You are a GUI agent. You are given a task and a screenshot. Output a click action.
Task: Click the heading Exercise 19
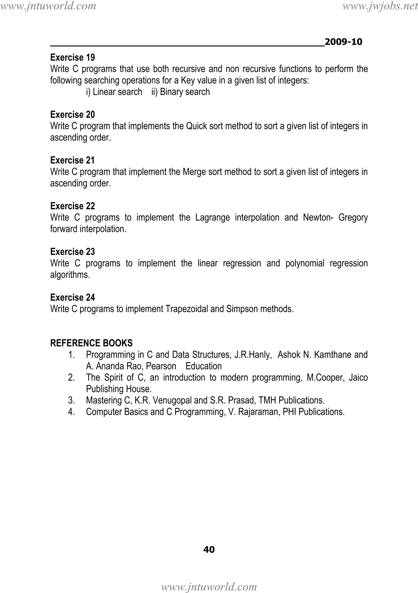click(x=73, y=57)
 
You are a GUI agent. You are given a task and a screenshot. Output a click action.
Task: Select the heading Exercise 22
click(x=73, y=206)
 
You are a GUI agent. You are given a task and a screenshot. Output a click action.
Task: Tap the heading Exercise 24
click(x=73, y=297)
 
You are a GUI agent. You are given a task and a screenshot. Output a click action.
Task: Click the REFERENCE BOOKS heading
click(x=91, y=343)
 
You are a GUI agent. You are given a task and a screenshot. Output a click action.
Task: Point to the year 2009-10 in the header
click(x=343, y=42)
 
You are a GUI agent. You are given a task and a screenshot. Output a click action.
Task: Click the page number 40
click(x=209, y=549)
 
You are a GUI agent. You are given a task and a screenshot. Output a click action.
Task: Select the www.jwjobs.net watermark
click(x=380, y=6)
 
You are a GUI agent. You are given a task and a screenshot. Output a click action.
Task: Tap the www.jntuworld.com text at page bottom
click(x=209, y=587)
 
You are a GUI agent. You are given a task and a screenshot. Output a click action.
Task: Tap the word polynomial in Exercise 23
click(x=305, y=263)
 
